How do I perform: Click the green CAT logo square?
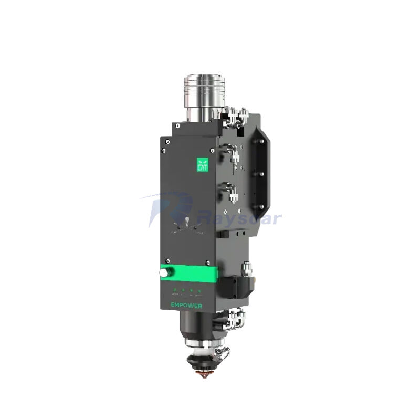click(202, 164)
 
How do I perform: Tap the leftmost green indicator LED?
click(175, 290)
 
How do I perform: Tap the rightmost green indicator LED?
click(199, 290)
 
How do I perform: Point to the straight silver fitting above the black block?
click(245, 271)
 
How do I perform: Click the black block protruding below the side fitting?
click(236, 287)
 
